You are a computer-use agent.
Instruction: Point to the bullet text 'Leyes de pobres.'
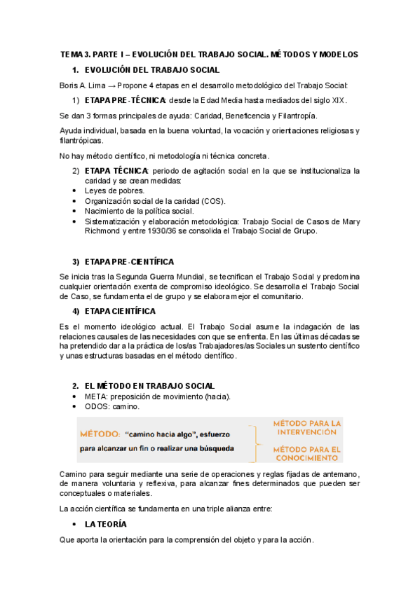(x=115, y=191)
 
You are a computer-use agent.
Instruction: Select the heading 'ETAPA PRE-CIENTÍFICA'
(x=129, y=261)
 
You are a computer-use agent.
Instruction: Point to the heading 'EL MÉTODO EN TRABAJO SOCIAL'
(x=149, y=386)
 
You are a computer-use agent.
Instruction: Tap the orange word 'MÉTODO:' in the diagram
(x=100, y=434)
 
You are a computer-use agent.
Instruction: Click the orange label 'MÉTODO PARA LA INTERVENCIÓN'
(x=306, y=428)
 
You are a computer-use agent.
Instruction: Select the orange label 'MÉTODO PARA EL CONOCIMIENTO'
(x=307, y=454)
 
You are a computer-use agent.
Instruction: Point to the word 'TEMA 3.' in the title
(x=76, y=54)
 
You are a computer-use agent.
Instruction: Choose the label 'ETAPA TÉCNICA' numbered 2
(x=116, y=170)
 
